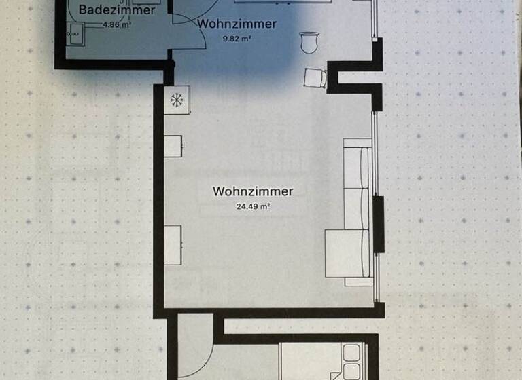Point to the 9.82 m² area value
point(237,39)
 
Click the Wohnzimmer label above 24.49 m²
point(253,191)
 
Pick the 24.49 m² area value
point(253,207)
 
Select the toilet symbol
point(310,42)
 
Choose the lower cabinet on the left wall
point(173,244)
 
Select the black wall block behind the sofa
point(379,224)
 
